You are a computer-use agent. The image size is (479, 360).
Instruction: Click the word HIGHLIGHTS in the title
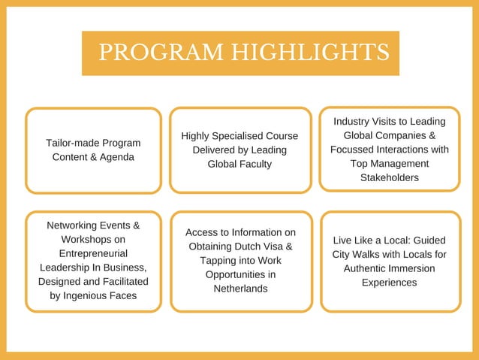pyautogui.click(x=310, y=52)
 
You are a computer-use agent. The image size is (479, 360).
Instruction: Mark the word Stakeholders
pyautogui.click(x=389, y=178)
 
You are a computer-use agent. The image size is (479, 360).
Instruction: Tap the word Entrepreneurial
pyautogui.click(x=92, y=253)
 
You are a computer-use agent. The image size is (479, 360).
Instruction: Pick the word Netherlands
pyautogui.click(x=240, y=289)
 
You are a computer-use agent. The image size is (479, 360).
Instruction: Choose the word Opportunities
pyautogui.click(x=240, y=274)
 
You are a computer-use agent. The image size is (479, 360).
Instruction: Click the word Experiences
pyautogui.click(x=389, y=283)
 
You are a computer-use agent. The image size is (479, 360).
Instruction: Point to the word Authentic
pyautogui.click(x=364, y=268)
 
